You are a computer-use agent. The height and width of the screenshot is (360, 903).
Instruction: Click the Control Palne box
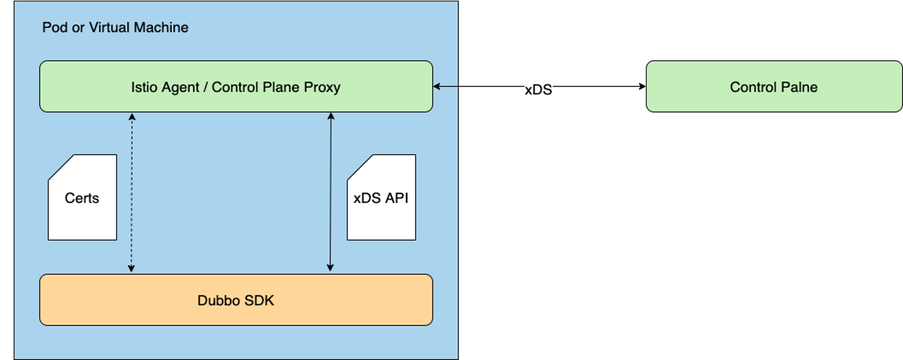point(773,87)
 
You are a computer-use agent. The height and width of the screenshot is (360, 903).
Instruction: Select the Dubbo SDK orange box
point(236,300)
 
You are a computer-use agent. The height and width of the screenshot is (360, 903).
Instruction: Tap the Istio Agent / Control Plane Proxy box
point(236,87)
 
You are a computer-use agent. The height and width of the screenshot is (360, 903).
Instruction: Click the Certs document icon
point(82,198)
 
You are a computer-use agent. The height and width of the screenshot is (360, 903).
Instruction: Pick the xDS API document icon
point(381,198)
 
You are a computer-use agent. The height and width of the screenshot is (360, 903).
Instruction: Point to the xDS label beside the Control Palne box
point(538,90)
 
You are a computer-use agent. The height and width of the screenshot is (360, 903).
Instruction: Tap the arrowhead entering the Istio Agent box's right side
point(437,87)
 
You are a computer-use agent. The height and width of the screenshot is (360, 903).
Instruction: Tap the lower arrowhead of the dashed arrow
point(131,269)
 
